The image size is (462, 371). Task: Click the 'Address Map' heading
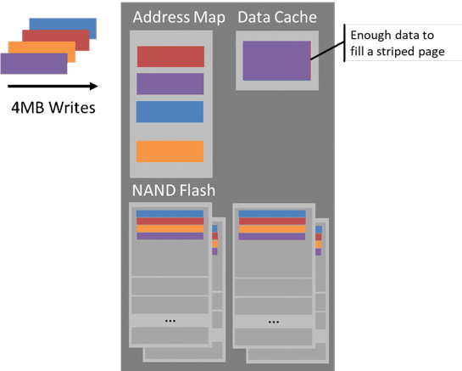[179, 18]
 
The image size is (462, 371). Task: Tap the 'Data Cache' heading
[277, 17]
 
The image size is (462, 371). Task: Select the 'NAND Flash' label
[174, 190]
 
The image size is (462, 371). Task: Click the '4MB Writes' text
[53, 108]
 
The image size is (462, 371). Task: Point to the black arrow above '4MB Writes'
[53, 87]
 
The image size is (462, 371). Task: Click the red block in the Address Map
[170, 56]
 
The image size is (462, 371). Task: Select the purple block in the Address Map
[170, 84]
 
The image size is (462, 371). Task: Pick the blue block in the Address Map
[170, 111]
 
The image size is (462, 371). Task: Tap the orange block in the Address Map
[170, 151]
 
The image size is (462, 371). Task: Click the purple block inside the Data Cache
[276, 60]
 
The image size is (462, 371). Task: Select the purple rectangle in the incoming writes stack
[34, 64]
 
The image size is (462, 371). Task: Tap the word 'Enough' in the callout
[367, 36]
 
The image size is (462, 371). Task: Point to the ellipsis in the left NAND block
[170, 321]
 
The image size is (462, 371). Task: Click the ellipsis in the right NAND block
[274, 322]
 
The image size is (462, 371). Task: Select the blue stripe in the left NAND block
[170, 214]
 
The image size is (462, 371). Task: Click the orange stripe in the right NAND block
[272, 229]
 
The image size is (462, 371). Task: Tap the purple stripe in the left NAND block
[170, 236]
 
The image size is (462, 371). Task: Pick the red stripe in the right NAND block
[272, 222]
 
